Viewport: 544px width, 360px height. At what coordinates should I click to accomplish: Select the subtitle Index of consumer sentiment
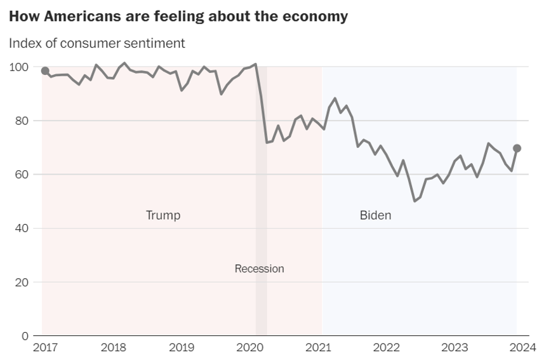coord(97,43)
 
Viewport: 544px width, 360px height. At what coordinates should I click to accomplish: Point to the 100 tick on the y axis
coord(20,67)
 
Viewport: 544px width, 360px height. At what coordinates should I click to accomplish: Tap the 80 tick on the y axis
coord(22,121)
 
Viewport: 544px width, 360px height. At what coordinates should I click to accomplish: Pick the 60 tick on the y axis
coord(22,175)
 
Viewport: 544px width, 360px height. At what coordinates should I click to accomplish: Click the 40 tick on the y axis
coord(22,228)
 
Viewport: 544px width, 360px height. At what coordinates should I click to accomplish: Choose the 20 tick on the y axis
coord(22,282)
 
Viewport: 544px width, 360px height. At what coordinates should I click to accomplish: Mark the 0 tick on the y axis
coord(25,336)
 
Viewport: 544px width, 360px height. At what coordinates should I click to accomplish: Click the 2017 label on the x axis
coord(44,347)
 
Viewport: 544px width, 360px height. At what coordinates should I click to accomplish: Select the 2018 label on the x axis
coord(113,347)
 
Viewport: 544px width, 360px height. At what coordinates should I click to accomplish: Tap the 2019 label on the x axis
coord(182,347)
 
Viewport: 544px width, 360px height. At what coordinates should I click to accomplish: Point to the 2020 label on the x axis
coord(249,347)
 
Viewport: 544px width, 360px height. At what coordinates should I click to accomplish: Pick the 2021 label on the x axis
coord(318,347)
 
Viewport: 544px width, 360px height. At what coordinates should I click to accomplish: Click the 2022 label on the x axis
coord(387,347)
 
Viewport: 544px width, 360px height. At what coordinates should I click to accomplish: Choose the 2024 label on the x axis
coord(523,347)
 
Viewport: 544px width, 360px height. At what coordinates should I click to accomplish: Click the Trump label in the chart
coord(163,215)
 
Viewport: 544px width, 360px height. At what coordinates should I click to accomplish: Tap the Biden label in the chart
coord(375,215)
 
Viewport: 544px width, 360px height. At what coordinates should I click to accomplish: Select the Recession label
coord(259,269)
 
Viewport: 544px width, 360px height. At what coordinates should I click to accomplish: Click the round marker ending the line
coord(517,148)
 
